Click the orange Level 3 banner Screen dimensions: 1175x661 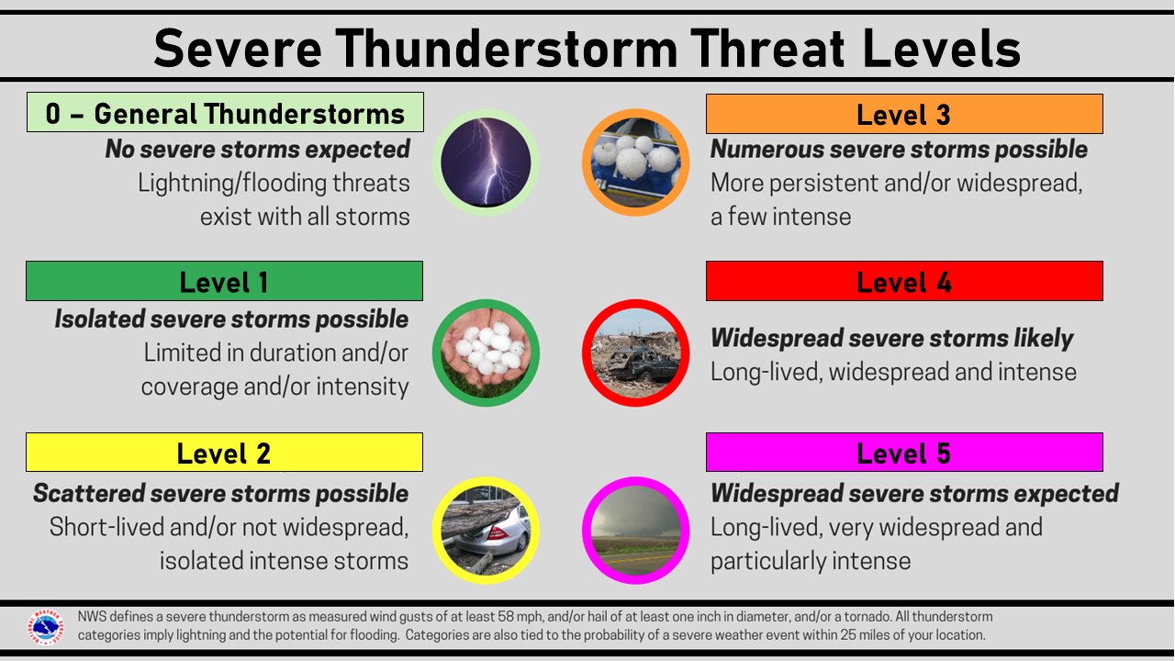click(x=904, y=114)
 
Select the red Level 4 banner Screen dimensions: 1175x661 click(x=904, y=281)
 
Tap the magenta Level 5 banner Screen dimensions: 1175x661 click(x=904, y=453)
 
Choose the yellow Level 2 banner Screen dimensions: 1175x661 click(x=224, y=453)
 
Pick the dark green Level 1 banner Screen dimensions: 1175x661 click(x=224, y=281)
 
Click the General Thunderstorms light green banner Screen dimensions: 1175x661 click(x=225, y=112)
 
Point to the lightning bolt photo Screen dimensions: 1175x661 click(x=486, y=162)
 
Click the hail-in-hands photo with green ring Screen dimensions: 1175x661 click(x=486, y=353)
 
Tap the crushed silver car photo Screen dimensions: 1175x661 click(x=486, y=530)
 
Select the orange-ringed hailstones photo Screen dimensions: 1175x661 click(x=636, y=162)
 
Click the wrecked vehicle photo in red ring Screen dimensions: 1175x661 click(x=636, y=353)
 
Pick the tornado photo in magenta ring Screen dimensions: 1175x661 click(x=636, y=530)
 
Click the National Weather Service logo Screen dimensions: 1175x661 click(x=46, y=627)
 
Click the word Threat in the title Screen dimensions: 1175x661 click(x=767, y=49)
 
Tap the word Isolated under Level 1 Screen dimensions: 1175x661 click(x=99, y=319)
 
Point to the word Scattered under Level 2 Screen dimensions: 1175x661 click(x=89, y=494)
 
